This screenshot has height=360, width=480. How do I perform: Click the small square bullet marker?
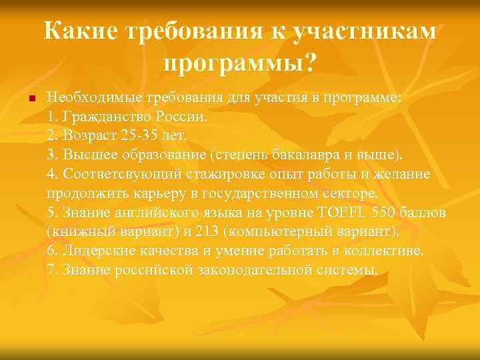pos(22,98)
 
